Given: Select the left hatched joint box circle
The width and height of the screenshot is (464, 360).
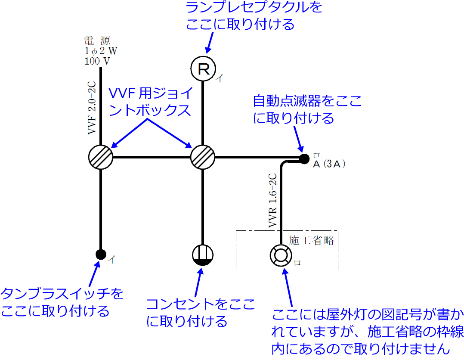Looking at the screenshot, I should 100,157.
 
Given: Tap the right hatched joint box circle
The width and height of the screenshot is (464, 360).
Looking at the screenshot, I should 202,157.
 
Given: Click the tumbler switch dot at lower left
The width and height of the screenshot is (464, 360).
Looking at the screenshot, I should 101,254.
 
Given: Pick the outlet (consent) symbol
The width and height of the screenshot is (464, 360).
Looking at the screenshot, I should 202,254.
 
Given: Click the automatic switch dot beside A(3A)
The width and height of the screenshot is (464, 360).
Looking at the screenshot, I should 304,158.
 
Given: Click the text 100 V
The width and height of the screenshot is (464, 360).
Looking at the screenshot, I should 97,61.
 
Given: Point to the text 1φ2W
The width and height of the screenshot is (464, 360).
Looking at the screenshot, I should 100,51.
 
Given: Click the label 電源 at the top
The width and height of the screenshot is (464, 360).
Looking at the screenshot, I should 97,41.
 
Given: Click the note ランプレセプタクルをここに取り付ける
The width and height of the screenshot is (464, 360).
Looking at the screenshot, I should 254,16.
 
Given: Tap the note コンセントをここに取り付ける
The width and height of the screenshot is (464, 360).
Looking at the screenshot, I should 201,312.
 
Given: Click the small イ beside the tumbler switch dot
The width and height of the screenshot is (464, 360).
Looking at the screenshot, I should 111,259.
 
